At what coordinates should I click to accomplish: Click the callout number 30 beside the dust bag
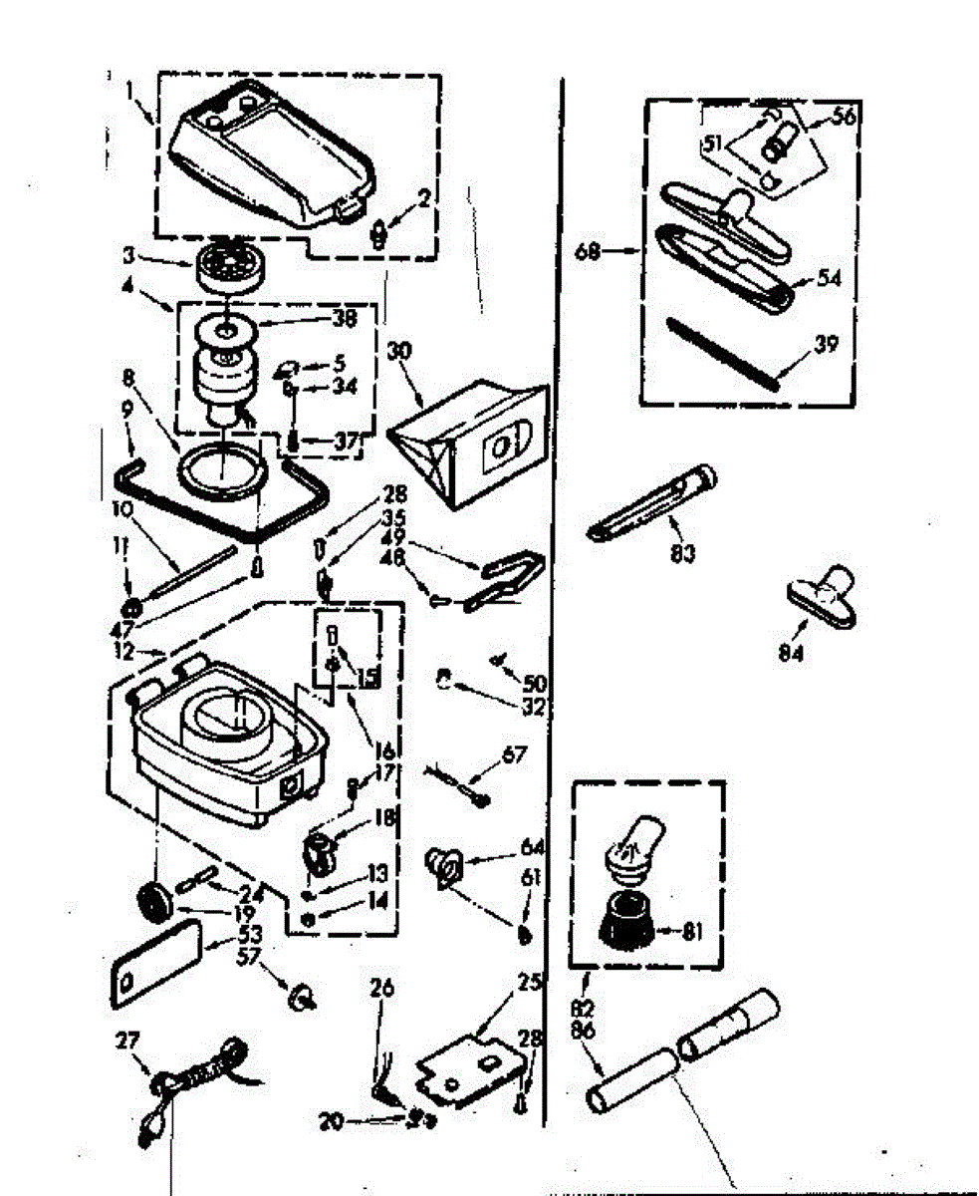pyautogui.click(x=399, y=353)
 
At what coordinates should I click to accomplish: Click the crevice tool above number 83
pyautogui.click(x=647, y=502)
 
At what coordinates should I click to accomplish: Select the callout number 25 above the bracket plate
pyautogui.click(x=528, y=984)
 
